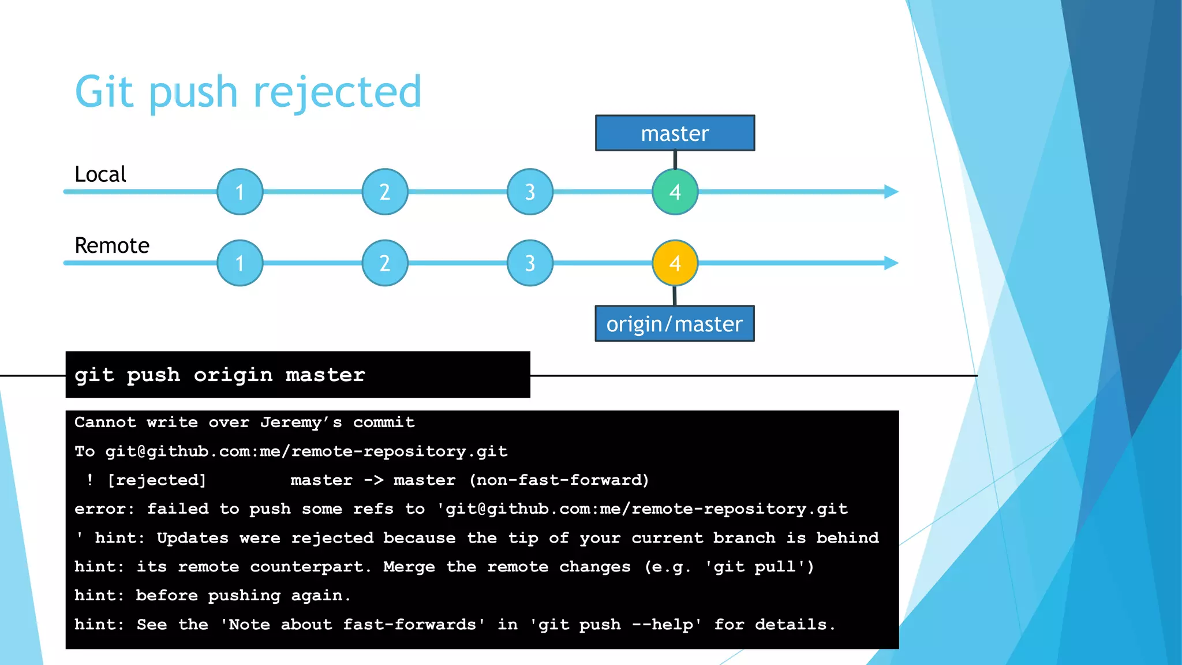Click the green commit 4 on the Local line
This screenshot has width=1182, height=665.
pos(675,192)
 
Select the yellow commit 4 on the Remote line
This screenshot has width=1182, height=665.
pos(675,263)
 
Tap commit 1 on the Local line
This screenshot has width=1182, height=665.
pos(240,192)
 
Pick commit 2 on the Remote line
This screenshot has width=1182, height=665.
pos(385,263)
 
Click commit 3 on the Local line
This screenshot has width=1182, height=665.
pos(530,192)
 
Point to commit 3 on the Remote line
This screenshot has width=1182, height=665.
pos(530,263)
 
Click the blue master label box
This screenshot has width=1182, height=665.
pos(675,133)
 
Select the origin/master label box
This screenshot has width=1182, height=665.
pos(674,324)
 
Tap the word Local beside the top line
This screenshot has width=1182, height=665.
pos(100,174)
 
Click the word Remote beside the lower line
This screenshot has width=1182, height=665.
pos(112,246)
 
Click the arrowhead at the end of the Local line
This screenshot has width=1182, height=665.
pos(891,192)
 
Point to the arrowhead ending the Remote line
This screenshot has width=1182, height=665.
pos(891,263)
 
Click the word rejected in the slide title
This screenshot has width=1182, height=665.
pos(338,92)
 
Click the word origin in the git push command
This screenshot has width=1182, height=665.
pos(233,375)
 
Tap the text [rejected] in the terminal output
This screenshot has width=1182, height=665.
pos(156,480)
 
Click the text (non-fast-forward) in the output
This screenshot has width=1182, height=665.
pos(559,480)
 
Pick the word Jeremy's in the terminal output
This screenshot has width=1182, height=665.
pos(301,423)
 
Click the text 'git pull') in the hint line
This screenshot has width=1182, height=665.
pos(759,567)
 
